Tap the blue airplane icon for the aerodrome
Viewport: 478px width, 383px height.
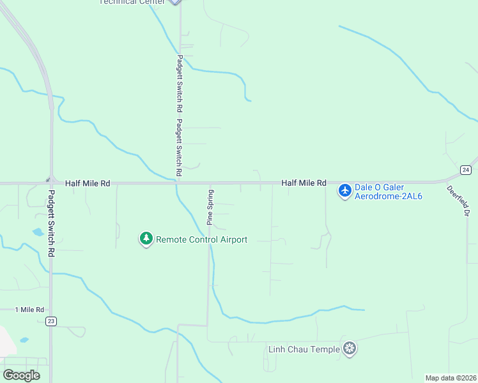[x=345, y=190]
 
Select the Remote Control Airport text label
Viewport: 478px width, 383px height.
[x=201, y=239]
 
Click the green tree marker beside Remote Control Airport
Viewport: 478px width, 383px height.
[x=146, y=239]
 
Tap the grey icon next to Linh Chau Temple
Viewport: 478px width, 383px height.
[x=350, y=348]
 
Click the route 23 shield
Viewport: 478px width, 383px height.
[x=52, y=321]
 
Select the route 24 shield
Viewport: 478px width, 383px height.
[x=466, y=169]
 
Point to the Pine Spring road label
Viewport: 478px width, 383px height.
[x=210, y=207]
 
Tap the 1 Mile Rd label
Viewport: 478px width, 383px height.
[x=30, y=310]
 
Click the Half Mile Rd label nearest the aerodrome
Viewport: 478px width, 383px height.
[x=304, y=183]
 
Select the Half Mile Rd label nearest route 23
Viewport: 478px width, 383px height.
[x=88, y=183]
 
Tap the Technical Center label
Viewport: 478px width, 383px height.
[x=132, y=2]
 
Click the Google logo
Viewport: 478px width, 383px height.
[x=21, y=375]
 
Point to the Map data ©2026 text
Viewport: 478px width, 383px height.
[x=451, y=378]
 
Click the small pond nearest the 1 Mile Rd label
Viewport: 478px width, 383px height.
[x=24, y=340]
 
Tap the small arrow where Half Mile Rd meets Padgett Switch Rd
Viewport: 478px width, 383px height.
[x=47, y=179]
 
